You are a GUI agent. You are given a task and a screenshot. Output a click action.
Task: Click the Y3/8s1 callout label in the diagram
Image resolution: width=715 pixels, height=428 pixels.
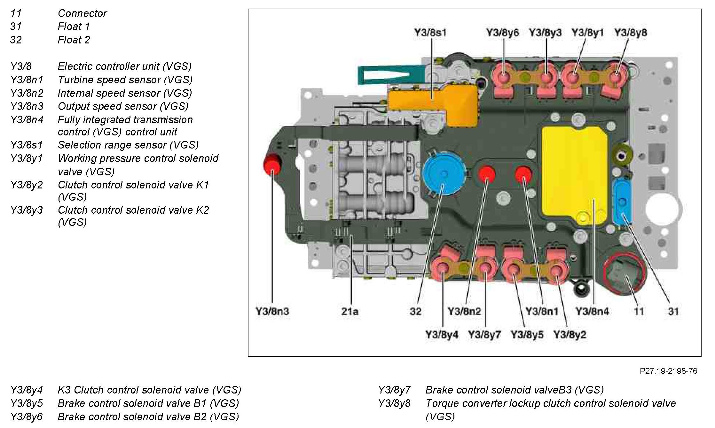tap(430, 33)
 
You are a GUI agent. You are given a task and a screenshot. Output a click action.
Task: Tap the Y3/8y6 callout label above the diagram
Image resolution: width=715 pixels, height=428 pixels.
tap(502, 33)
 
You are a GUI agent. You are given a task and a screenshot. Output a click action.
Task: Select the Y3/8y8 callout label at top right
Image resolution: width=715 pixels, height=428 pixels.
tap(630, 33)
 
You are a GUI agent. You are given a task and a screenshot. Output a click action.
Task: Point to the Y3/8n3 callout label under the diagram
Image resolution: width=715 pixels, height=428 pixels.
tap(272, 311)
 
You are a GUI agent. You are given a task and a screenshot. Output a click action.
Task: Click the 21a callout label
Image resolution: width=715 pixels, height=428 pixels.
tap(350, 311)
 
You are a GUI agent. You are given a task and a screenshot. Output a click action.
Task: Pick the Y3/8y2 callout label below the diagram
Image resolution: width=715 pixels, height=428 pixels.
tap(570, 335)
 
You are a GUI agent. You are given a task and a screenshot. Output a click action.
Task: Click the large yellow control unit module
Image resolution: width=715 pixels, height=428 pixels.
tap(574, 172)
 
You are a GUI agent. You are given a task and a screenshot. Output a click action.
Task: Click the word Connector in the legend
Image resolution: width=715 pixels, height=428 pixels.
tap(82, 13)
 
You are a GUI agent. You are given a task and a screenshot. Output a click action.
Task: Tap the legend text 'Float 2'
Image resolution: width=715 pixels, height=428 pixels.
tap(74, 40)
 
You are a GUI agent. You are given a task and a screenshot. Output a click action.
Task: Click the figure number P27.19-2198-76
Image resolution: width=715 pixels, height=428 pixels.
tap(668, 371)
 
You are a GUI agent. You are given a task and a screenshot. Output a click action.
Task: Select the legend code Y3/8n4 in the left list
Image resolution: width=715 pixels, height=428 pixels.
tap(27, 120)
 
